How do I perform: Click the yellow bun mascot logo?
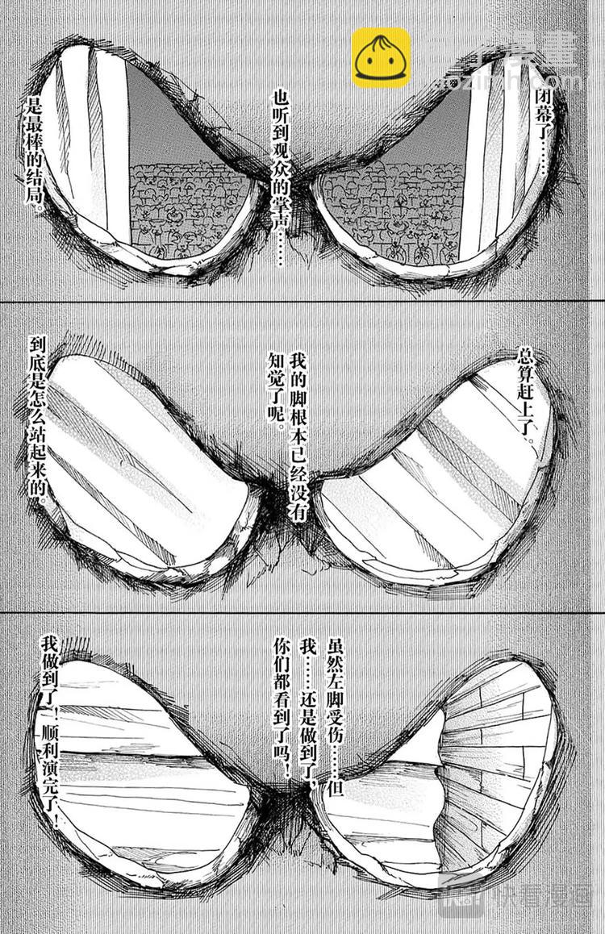click(381, 57)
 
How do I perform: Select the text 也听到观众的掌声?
click(282, 169)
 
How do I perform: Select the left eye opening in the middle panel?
click(145, 468)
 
